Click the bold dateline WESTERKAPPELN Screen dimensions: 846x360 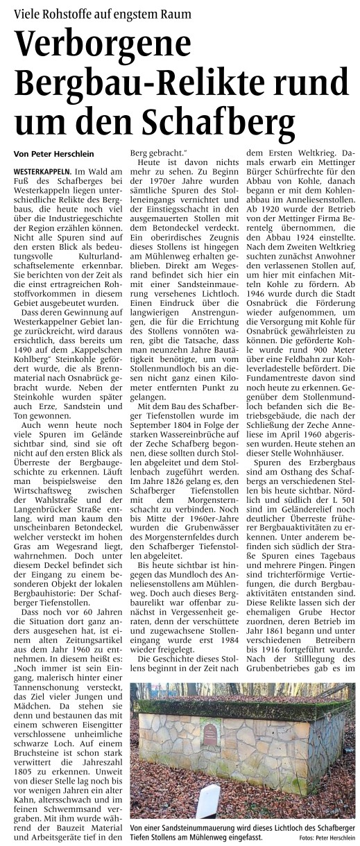point(42,171)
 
